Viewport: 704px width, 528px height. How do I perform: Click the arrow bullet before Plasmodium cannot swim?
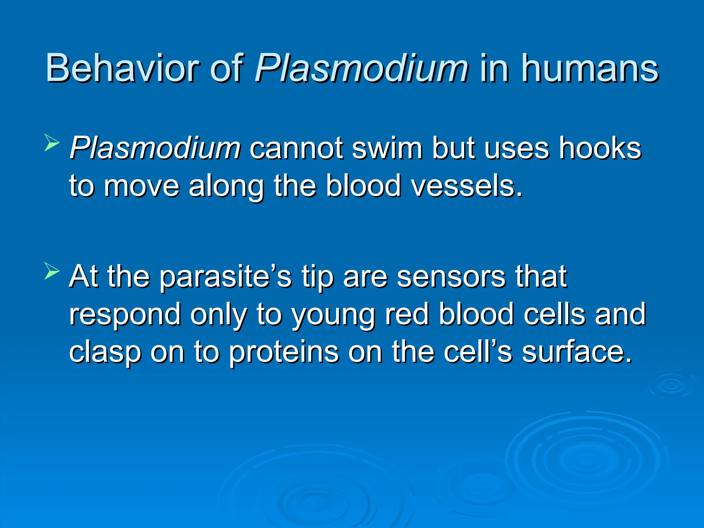point(52,143)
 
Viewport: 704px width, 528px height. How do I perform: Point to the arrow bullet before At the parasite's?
point(52,272)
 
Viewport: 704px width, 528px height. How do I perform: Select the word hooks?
point(600,148)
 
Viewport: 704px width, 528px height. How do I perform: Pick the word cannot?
point(296,148)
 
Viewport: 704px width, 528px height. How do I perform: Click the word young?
point(333,315)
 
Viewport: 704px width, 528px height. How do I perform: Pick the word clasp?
point(104,352)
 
